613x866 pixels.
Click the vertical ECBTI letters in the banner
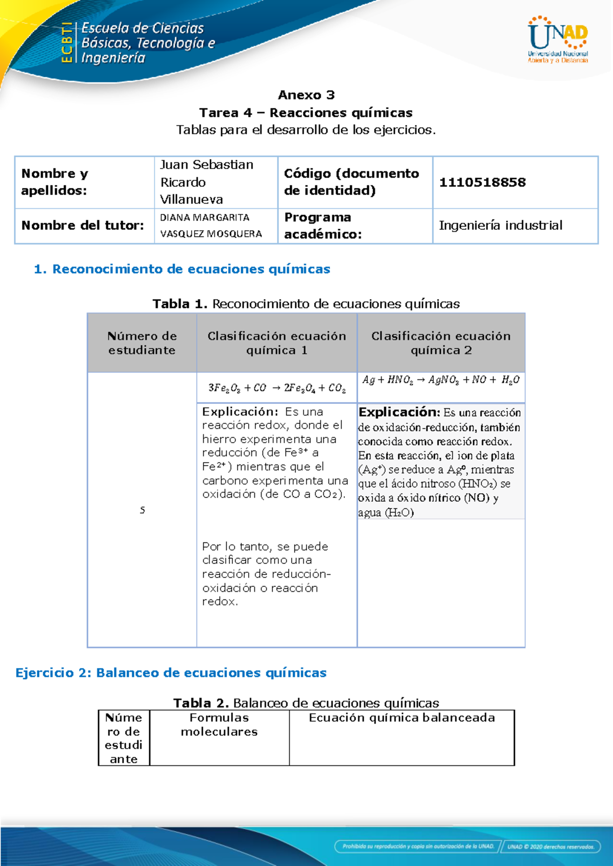point(66,43)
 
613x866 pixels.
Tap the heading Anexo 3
point(306,95)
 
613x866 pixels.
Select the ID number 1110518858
point(482,182)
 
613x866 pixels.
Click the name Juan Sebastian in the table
point(206,165)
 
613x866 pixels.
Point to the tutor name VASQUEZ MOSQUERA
point(210,234)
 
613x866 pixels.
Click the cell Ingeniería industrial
point(500,225)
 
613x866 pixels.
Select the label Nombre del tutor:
point(83,225)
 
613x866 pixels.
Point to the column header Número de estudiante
point(142,343)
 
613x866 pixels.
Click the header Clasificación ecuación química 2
point(441,343)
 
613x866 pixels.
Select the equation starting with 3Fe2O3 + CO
point(276,388)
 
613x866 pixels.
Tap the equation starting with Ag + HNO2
point(440,380)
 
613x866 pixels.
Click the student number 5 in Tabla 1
point(143,510)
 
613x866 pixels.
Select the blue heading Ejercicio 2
point(171,673)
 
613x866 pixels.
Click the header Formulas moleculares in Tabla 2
point(219,725)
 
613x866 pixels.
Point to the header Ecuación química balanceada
point(402,718)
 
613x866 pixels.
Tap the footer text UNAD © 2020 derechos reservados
point(550,847)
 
